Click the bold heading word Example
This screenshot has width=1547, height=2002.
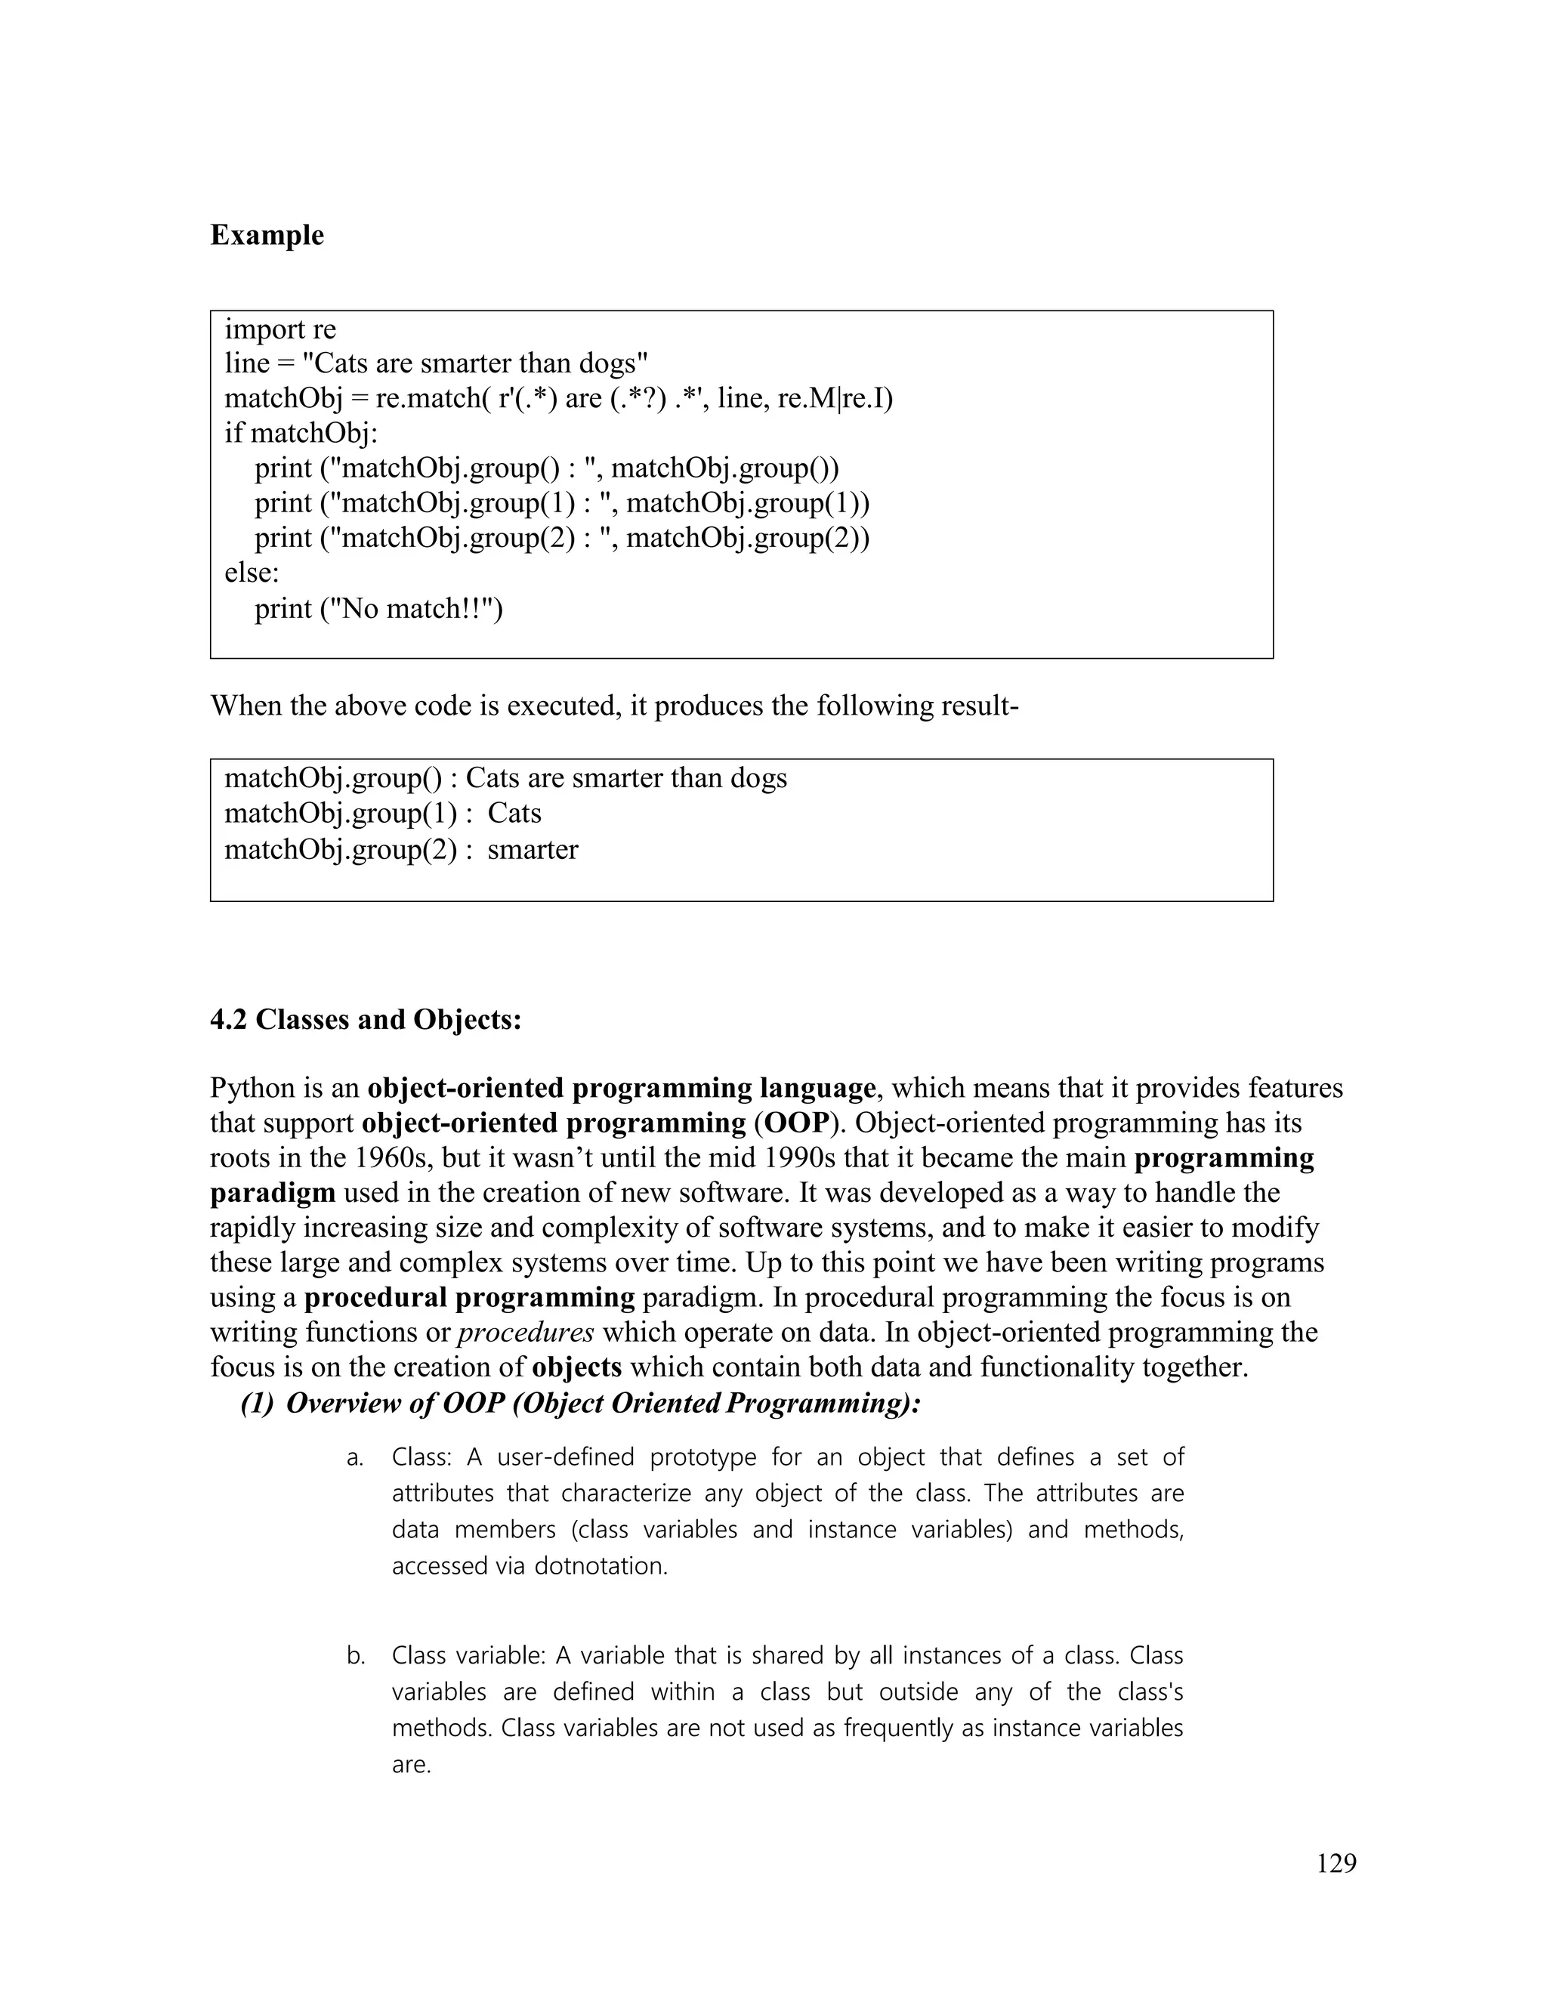point(267,236)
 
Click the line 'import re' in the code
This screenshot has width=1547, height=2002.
point(280,329)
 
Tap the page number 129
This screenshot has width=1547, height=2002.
point(1335,1864)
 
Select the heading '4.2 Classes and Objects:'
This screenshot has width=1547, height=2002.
point(366,1019)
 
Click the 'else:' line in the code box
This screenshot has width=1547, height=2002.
point(252,573)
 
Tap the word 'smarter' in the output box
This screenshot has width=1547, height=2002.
point(533,850)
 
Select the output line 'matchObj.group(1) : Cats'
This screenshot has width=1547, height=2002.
point(382,814)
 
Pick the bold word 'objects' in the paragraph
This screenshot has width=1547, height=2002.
point(576,1367)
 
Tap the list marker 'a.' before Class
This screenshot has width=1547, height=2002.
point(356,1457)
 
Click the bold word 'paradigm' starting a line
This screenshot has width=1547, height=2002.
point(272,1193)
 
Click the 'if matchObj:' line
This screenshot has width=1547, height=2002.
point(301,433)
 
